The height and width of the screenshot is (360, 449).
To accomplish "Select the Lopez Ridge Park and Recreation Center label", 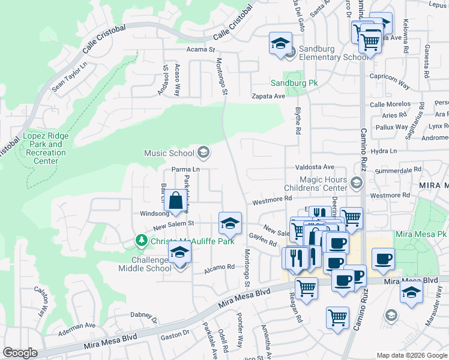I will pos(46,148).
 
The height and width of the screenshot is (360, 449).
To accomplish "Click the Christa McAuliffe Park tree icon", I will pos(142,241).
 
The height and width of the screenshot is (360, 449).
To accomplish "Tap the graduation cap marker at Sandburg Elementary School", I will pos(280,44).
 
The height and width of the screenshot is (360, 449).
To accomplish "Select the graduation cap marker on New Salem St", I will pos(229,224).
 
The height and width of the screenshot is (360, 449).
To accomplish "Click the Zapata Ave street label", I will pos(268,96).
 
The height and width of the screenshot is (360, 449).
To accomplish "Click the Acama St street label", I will pos(200,49).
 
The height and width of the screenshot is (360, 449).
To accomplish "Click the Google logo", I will pos(20,353).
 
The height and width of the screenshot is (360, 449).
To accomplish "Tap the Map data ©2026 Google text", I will pos(411,355).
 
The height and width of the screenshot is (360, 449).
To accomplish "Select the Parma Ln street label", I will pos(185,169).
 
